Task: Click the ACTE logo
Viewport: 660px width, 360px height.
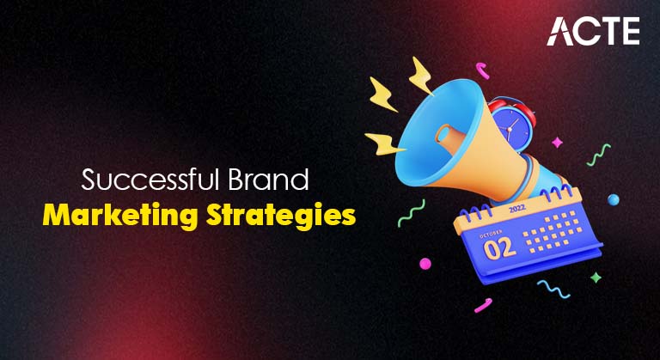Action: pos(594,30)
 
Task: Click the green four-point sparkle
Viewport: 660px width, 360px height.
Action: pos(595,278)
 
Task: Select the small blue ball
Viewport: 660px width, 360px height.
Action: pos(614,199)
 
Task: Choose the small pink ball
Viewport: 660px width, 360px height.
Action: pos(424,263)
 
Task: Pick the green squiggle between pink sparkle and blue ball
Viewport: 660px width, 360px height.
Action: pos(598,156)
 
